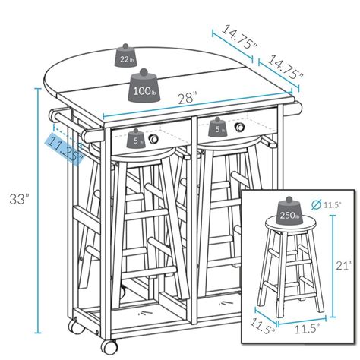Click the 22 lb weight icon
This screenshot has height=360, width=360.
[x=127, y=55]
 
